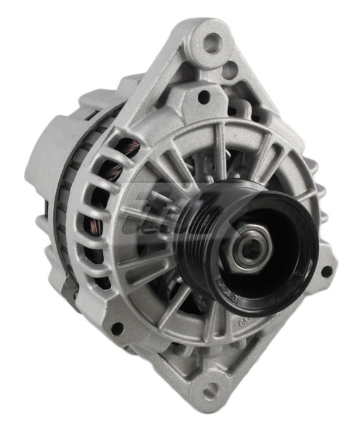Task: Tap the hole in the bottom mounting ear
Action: point(210,391)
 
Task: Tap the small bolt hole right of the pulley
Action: point(326,272)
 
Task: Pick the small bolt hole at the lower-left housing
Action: point(117,328)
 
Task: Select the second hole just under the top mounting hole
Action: point(229,70)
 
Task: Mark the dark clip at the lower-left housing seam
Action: point(70,287)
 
